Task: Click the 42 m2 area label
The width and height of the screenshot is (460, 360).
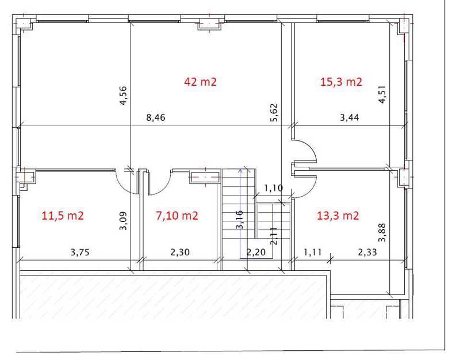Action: (x=200, y=82)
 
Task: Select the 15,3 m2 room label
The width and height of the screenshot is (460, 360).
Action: (x=341, y=82)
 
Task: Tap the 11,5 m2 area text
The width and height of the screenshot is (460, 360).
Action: (x=63, y=216)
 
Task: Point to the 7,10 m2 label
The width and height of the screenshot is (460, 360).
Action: (x=177, y=216)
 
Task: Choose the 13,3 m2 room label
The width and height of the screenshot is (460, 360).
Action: (x=338, y=216)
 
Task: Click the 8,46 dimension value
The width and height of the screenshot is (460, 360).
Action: (x=156, y=118)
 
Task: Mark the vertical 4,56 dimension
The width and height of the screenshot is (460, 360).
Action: (x=123, y=95)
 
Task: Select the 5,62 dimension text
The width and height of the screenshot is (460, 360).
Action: (x=274, y=113)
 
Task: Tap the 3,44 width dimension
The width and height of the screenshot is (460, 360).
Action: (x=350, y=118)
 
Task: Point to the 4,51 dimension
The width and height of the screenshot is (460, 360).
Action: (x=382, y=94)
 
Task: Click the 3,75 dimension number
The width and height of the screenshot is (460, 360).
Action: (x=80, y=252)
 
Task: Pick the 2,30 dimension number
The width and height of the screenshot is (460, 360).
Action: (x=180, y=252)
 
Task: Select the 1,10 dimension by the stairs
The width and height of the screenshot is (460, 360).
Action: (x=274, y=188)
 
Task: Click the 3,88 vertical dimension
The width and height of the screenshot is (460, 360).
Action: (x=382, y=233)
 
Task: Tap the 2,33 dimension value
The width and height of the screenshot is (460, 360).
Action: (x=367, y=252)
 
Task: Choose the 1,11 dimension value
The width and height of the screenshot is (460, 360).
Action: (x=313, y=252)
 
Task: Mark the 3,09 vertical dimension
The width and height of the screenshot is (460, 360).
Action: (x=123, y=221)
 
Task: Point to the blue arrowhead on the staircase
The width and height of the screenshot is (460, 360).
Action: (x=240, y=171)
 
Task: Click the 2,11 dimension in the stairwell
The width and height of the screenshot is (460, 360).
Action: (x=274, y=236)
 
